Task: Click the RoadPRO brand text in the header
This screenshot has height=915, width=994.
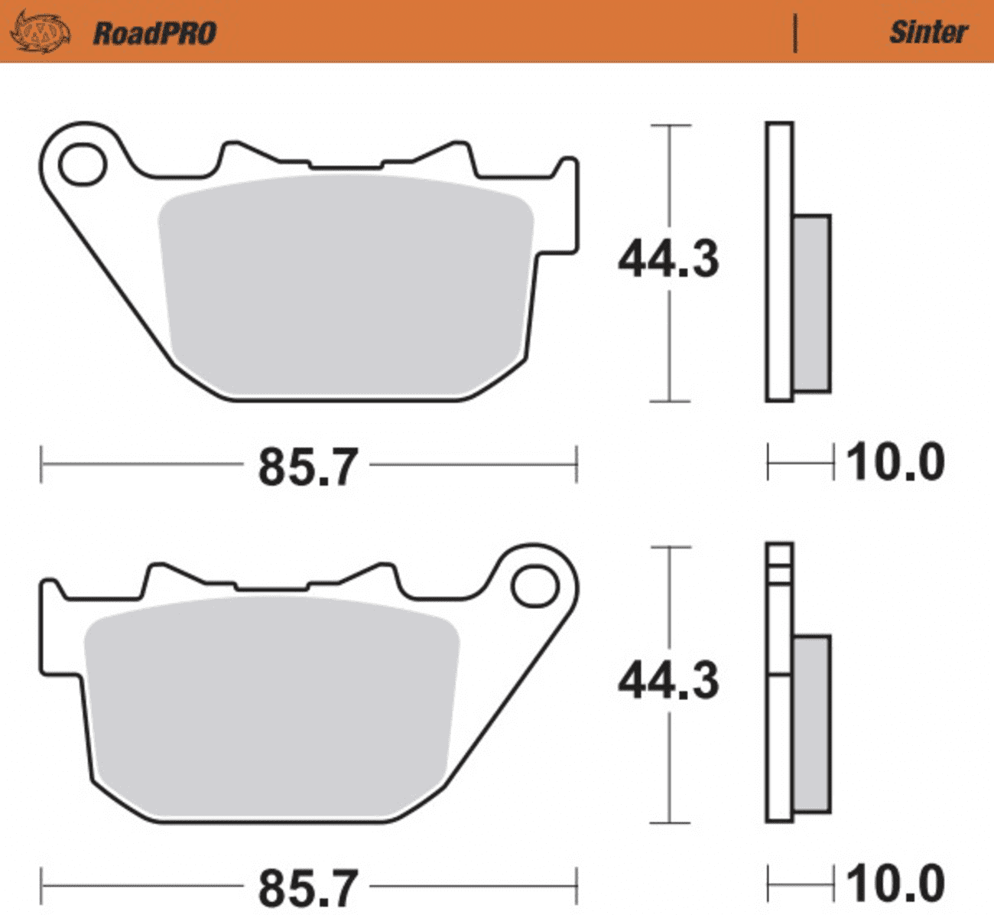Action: tap(154, 33)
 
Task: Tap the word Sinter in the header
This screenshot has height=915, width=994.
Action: tap(927, 32)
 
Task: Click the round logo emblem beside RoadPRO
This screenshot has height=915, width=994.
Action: tap(39, 32)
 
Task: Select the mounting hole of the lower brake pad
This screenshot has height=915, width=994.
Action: tap(535, 587)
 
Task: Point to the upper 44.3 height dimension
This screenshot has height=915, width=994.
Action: tap(668, 259)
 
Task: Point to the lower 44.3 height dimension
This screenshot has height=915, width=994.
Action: tap(668, 680)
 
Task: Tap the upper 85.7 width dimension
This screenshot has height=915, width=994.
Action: tap(307, 466)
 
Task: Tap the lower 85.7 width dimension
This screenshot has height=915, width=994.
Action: tap(307, 887)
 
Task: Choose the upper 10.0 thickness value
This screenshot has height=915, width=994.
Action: tap(895, 463)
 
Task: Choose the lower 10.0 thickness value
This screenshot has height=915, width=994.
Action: tap(895, 884)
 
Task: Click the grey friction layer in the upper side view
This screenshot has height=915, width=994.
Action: tap(811, 303)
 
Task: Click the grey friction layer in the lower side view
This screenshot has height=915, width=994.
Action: tap(811, 723)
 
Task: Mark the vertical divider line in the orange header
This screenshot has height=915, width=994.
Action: tap(795, 33)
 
